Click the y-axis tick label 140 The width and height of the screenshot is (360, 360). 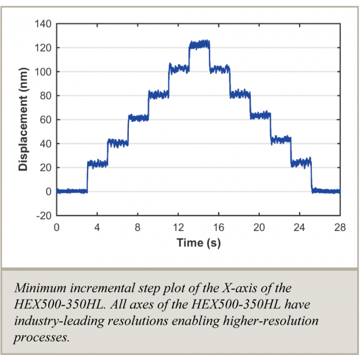[x=44, y=23]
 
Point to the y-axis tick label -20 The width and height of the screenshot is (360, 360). [x=44, y=215]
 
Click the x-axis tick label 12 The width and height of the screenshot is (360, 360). [x=178, y=227]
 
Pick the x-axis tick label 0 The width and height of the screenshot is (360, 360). [x=56, y=227]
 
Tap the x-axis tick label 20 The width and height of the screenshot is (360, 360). [x=259, y=227]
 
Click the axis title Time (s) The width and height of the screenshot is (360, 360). [x=198, y=243]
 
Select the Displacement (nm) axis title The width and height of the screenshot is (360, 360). [x=23, y=120]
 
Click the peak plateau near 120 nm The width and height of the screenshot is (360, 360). [x=199, y=45]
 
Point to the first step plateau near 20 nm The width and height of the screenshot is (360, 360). [x=97, y=164]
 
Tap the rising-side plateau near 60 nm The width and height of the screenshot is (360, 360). [x=138, y=117]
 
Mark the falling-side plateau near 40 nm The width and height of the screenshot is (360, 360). [x=281, y=139]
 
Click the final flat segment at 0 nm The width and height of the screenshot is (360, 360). [x=326, y=191]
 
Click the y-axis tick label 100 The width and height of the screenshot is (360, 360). [x=44, y=71]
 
